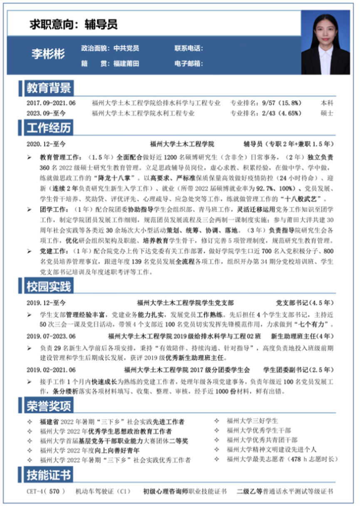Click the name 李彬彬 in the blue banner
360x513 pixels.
pyautogui.click(x=48, y=54)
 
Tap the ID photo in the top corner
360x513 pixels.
pyautogui.click(x=325, y=42)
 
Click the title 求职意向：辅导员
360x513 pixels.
pyautogui.click(x=74, y=24)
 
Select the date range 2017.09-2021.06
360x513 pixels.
pyautogui.click(x=51, y=103)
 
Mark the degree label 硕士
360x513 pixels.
pyautogui.click(x=327, y=113)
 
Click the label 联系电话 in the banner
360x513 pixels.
pyautogui.click(x=189, y=49)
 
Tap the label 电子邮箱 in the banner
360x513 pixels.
pyautogui.click(x=189, y=64)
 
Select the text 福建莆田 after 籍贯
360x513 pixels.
pyautogui.click(x=126, y=64)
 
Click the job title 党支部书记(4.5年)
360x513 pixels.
pyautogui.click(x=305, y=302)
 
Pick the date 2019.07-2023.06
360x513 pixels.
pyautogui.click(x=51, y=336)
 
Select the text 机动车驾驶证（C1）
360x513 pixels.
pyautogui.click(x=103, y=491)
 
